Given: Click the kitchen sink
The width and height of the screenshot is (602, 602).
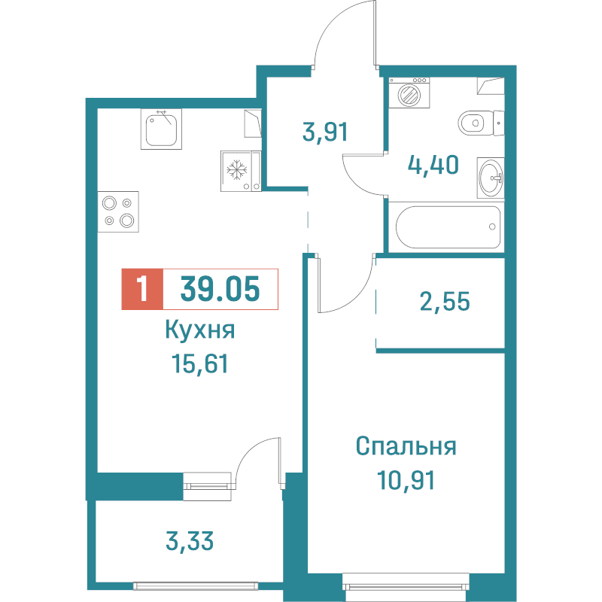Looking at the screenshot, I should (161, 129).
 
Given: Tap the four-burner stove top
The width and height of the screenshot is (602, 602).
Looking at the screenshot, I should (119, 211).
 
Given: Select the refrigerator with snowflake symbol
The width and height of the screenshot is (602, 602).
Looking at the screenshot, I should (238, 171).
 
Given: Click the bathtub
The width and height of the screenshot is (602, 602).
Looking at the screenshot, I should (443, 227).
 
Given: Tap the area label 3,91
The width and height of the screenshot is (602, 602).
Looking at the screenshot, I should (325, 132).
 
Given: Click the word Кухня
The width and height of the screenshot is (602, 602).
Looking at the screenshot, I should (200, 331).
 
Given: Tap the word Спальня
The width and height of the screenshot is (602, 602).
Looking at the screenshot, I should (406, 446).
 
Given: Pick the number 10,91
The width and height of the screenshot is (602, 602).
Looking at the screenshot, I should (406, 479).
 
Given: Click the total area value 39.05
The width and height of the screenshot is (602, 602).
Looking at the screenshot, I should (220, 287).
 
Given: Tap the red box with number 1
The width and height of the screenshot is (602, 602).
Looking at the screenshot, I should (141, 288).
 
